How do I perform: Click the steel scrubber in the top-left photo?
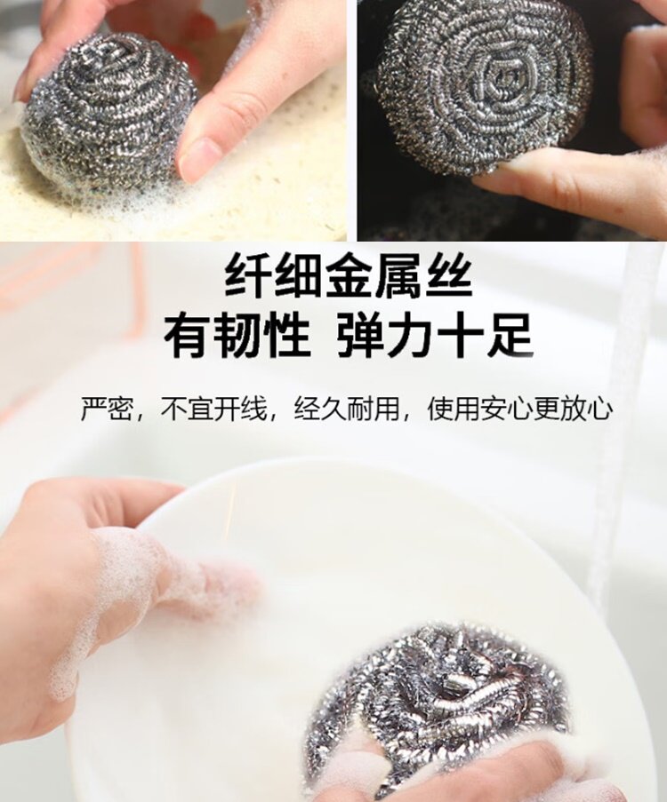(x=107, y=115)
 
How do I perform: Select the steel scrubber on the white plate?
(x=436, y=693)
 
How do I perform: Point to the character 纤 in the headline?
(x=247, y=277)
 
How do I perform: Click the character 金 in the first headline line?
(x=348, y=277)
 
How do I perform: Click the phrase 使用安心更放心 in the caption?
(x=520, y=409)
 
